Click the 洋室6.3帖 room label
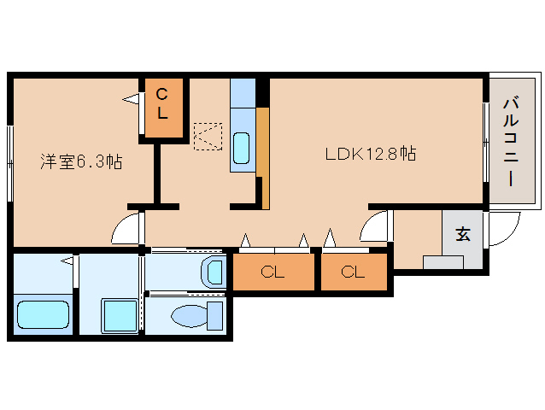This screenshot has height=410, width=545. (x=81, y=161)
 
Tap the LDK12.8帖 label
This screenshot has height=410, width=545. (x=371, y=153)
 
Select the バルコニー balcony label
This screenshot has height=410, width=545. (x=511, y=142)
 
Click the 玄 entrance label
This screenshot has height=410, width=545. (x=463, y=234)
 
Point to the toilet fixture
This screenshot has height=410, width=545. (x=197, y=315)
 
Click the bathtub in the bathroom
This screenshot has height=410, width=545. (x=43, y=314)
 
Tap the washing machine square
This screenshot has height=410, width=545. (x=120, y=316)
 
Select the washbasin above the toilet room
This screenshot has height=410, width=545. (x=213, y=272)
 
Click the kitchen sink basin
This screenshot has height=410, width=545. (x=241, y=148)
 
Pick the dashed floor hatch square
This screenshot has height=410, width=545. (x=208, y=136)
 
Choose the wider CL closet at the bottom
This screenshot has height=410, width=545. (x=273, y=272)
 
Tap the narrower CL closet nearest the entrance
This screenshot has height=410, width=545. (x=354, y=272)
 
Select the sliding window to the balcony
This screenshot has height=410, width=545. (x=486, y=142)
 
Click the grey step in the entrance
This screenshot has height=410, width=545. (x=442, y=262)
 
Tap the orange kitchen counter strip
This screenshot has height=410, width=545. (x=263, y=158)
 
